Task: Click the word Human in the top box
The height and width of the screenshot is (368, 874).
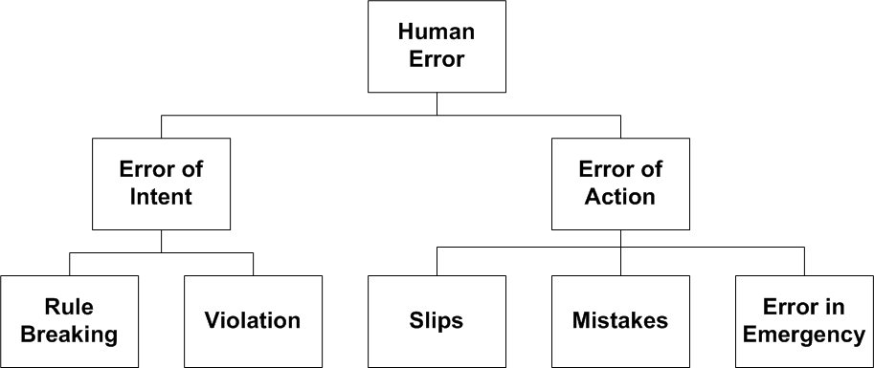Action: [x=437, y=32]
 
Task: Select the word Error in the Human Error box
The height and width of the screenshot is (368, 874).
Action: [x=437, y=58]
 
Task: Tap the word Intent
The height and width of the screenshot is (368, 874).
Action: [x=161, y=197]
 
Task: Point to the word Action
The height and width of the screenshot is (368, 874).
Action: [x=620, y=197]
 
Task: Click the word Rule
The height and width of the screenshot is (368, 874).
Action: [x=69, y=307]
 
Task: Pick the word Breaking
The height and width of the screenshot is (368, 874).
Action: [x=69, y=335]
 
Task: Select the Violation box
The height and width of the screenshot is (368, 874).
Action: [x=253, y=321]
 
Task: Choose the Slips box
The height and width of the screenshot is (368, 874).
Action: [x=437, y=321]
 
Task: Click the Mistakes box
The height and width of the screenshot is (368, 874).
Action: [x=620, y=321]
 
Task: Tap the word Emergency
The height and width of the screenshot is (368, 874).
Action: [x=804, y=335]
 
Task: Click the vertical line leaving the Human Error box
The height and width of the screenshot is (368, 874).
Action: [x=437, y=103]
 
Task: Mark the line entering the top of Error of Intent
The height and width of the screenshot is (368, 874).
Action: [x=161, y=126]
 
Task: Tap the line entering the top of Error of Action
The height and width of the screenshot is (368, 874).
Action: [x=620, y=126]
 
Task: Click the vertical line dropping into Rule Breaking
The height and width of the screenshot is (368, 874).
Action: [x=69, y=264]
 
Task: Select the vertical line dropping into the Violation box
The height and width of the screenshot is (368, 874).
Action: [x=253, y=264]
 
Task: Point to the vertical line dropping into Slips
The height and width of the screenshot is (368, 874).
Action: [x=437, y=261]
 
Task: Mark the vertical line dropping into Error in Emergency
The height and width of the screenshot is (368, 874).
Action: [x=804, y=261]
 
